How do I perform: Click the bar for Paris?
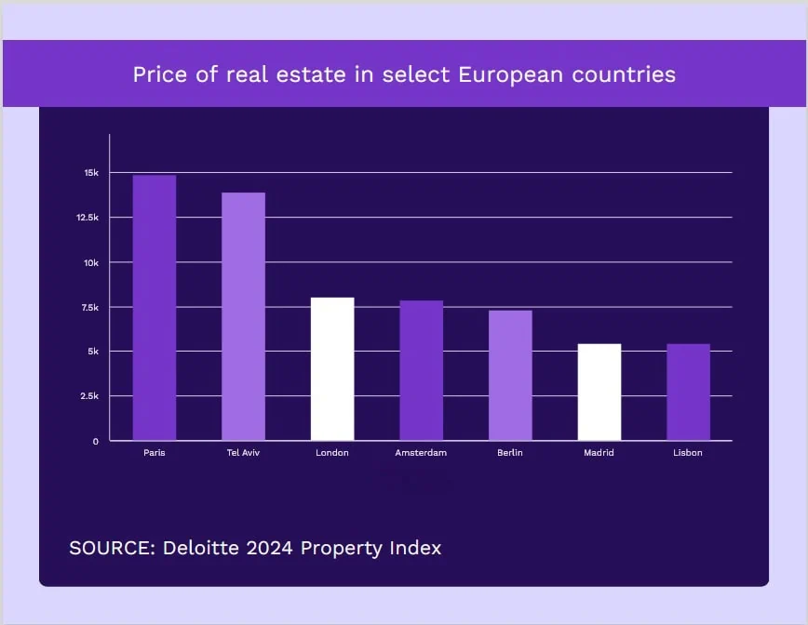155,308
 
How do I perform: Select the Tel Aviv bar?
243,316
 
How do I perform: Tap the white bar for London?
332,369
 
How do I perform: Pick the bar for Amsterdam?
421,370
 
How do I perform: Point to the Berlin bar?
510,375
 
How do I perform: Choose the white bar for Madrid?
599,392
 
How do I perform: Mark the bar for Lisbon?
688,392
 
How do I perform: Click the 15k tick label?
91,173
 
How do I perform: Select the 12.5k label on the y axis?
88,218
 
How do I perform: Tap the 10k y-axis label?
91,262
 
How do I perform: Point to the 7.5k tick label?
89,307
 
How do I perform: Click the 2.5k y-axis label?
89,396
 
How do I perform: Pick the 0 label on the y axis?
95,441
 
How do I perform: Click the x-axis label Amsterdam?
421,453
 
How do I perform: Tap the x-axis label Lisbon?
688,453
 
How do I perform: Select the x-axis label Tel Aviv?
243,453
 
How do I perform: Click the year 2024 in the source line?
270,548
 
